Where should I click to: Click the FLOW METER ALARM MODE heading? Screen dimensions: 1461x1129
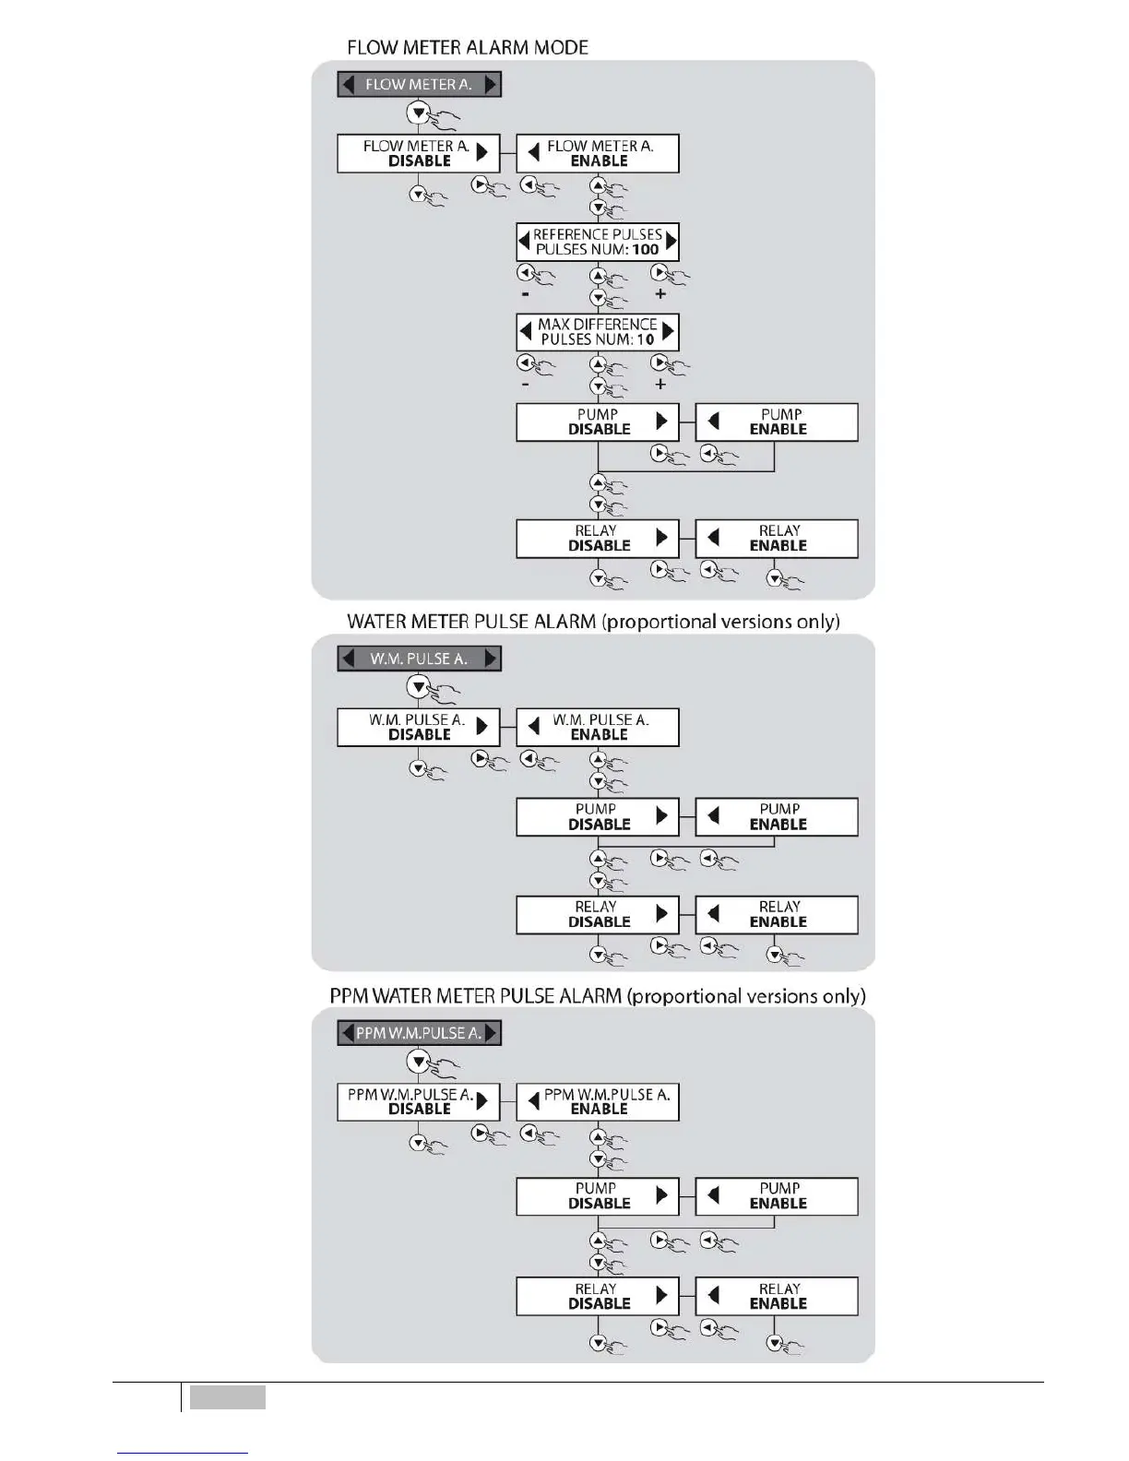[x=467, y=47]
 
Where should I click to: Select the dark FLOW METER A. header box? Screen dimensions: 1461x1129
[x=419, y=85]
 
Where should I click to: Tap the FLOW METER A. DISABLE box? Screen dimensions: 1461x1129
[x=418, y=153]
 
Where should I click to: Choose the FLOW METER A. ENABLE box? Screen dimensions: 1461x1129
[x=598, y=153]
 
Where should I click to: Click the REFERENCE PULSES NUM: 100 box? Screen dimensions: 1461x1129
[x=598, y=242]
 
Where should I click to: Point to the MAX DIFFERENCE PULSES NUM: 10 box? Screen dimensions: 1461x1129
[x=598, y=332]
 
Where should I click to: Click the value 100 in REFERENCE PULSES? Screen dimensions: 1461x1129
[x=646, y=249]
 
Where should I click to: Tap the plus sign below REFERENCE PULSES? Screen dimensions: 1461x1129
[x=660, y=294]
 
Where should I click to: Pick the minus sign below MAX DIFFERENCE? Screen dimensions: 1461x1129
[x=525, y=384]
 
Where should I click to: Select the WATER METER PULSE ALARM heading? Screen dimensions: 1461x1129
[x=593, y=622]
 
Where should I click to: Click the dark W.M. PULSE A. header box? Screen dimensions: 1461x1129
[x=419, y=659]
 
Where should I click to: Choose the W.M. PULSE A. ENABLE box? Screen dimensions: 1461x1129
[x=598, y=727]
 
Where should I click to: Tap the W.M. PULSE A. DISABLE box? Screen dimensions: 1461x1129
[x=418, y=727]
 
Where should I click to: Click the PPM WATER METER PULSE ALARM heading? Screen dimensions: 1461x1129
[x=598, y=996]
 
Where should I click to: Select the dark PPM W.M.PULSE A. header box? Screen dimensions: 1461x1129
[x=419, y=1033]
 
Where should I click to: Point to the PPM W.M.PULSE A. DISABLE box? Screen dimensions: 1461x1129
[x=418, y=1102]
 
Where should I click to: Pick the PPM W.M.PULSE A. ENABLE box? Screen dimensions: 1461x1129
[x=598, y=1102]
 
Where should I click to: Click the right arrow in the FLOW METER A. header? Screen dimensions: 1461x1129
[x=491, y=85]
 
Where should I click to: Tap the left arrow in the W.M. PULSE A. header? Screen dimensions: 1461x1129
[x=348, y=659]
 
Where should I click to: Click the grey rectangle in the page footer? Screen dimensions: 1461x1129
[x=228, y=1397]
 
